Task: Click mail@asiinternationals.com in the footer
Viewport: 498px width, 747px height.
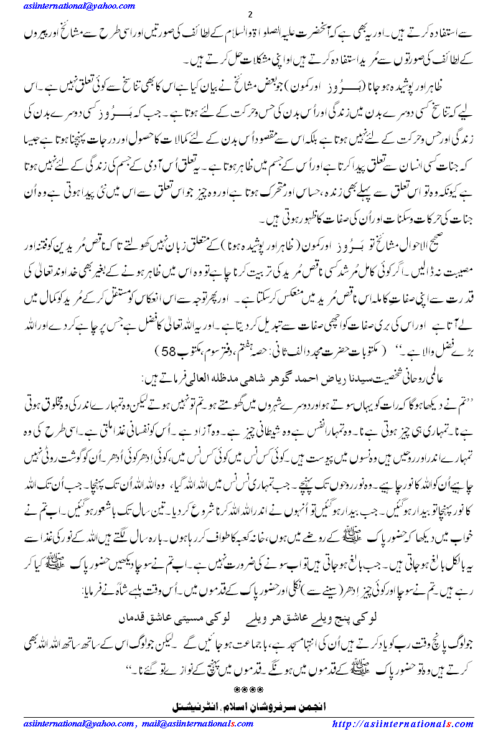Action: pyautogui.click(x=197, y=724)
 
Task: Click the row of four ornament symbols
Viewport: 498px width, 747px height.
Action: pyautogui.click(x=248, y=690)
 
